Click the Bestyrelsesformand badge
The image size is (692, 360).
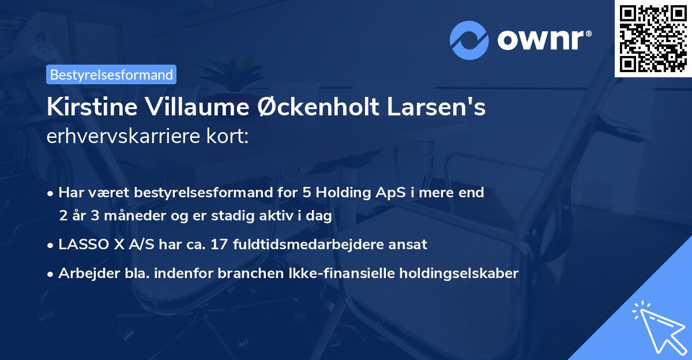tap(111, 74)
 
